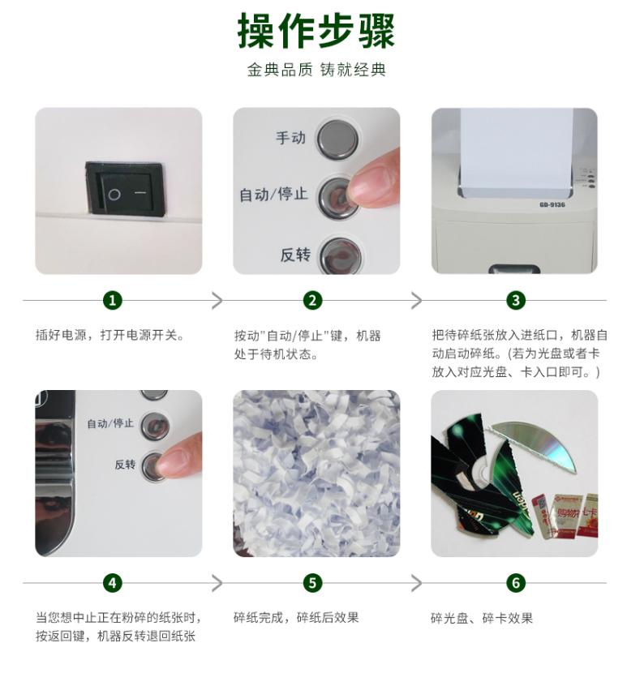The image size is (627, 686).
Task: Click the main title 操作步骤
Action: [x=316, y=31]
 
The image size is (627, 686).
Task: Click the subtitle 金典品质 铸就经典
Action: [x=316, y=70]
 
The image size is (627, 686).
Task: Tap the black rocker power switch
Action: [x=126, y=188]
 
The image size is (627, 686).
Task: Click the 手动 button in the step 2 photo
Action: [x=337, y=139]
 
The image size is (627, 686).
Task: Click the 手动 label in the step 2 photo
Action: [x=290, y=138]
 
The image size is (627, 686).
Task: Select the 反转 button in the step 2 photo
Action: [x=341, y=255]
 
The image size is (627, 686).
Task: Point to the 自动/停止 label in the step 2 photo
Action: [x=273, y=194]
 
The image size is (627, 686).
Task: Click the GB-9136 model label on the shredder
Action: [x=552, y=205]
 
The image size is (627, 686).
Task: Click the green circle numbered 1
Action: [x=113, y=301]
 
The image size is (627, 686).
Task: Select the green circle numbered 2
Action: [x=312, y=301]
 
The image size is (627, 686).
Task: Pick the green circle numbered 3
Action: [x=516, y=301]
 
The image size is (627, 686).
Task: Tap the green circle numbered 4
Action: [x=113, y=583]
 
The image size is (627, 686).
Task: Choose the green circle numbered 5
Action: [x=312, y=583]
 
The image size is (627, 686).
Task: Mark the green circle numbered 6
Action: [x=516, y=583]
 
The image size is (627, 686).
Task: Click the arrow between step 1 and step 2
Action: [x=217, y=301]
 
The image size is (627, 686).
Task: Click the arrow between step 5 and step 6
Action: [x=417, y=583]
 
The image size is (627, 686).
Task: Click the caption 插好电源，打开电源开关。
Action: [x=110, y=336]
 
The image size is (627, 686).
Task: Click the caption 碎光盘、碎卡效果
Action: [x=482, y=618]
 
